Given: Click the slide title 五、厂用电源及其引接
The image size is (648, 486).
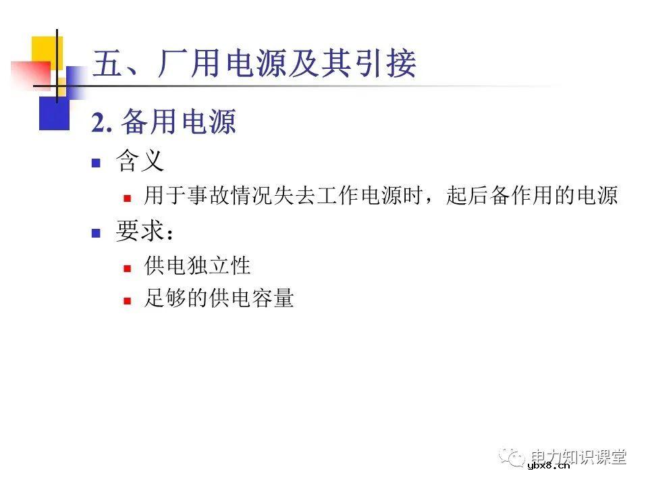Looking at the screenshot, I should [254, 65].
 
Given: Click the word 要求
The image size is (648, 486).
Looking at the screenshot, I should [140, 232].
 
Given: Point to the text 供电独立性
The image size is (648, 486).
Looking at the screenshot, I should [197, 265].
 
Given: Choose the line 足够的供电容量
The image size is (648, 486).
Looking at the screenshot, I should [219, 298].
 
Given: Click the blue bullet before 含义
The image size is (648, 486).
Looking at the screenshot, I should [96, 163].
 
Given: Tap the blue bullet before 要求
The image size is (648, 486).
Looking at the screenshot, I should [96, 233].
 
